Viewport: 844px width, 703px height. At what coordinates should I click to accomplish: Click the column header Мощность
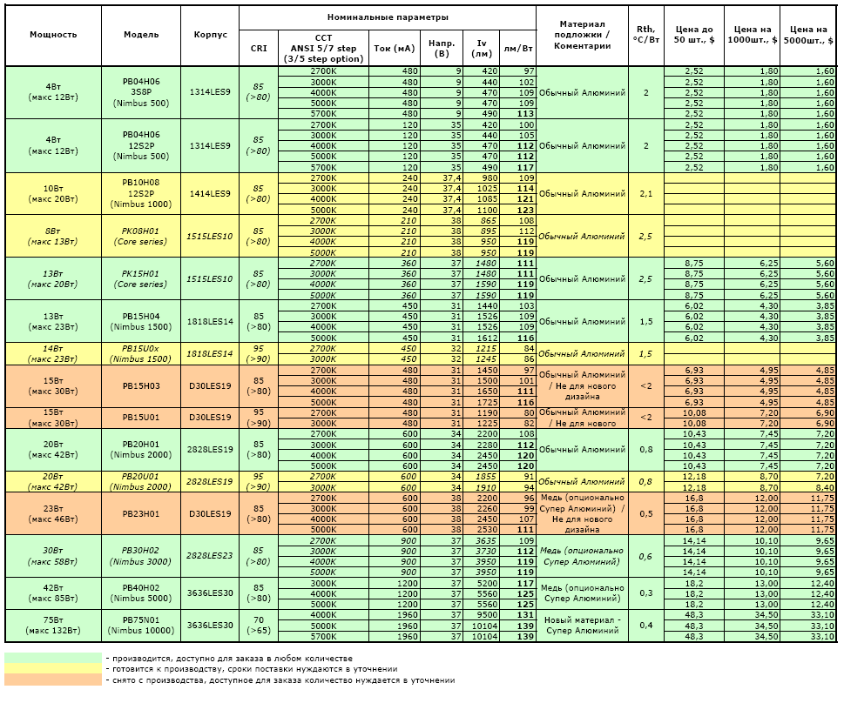[x=53, y=35]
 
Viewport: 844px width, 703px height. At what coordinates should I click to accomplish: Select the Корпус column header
[x=211, y=35]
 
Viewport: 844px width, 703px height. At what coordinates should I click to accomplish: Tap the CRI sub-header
[x=259, y=49]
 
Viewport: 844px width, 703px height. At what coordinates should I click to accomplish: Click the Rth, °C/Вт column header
[x=646, y=35]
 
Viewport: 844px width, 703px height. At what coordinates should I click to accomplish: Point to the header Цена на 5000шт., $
[x=808, y=35]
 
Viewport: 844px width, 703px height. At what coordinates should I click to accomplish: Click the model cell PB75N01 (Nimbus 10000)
[x=141, y=625]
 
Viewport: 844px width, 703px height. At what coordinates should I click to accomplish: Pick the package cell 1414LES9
[x=210, y=193]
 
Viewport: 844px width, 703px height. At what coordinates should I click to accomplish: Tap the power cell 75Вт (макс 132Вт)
[x=53, y=625]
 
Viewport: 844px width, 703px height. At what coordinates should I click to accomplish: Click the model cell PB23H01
[x=141, y=513]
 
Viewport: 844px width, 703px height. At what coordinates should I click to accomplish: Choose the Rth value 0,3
[x=646, y=593]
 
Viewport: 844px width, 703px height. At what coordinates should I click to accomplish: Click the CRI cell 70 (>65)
[x=259, y=625]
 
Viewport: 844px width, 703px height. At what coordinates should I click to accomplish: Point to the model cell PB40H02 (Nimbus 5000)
[x=141, y=593]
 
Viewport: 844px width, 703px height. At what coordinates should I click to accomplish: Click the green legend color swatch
[x=53, y=658]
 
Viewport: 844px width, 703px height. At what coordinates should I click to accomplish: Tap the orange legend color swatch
[x=53, y=680]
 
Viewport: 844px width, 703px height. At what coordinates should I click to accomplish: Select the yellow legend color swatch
[x=53, y=669]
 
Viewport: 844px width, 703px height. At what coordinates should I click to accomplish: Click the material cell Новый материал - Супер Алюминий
[x=583, y=625]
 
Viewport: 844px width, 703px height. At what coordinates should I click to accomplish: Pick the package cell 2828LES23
[x=210, y=556]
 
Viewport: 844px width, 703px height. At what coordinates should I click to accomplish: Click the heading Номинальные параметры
[x=388, y=17]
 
